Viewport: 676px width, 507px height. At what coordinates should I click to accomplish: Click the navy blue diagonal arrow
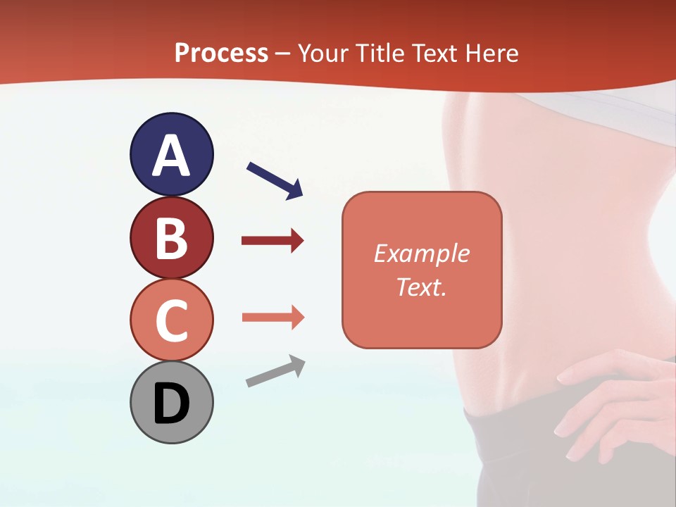[275, 180]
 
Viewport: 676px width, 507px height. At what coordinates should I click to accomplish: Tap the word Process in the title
[221, 53]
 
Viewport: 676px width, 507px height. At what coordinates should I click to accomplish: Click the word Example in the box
[421, 254]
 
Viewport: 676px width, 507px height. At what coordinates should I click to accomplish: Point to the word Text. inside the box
[421, 287]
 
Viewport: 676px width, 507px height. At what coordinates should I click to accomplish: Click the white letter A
[171, 156]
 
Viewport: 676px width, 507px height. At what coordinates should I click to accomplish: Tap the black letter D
[171, 404]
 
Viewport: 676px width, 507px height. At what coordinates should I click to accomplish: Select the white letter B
[171, 238]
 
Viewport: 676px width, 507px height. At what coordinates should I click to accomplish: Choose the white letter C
[171, 320]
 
